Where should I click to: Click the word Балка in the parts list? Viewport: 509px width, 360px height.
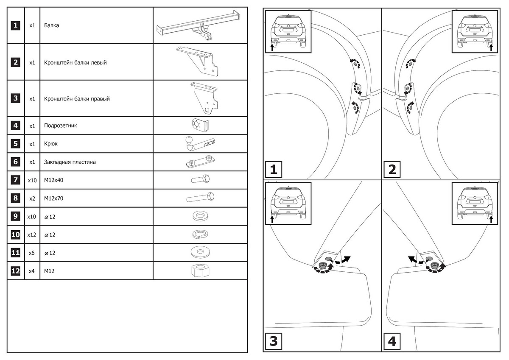point(51,25)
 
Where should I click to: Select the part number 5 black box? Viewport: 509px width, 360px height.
point(15,144)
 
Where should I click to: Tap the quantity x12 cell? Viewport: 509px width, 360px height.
point(32,234)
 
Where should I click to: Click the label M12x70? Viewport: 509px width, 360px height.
point(53,198)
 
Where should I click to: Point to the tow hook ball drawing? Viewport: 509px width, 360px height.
point(189,141)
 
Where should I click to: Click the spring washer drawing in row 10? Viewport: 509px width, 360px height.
point(199,234)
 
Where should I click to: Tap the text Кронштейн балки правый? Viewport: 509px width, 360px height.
point(77,99)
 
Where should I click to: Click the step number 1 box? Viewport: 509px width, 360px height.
point(274,170)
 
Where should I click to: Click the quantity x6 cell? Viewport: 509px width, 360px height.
point(32,253)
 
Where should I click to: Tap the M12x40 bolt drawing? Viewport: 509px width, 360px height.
point(199,180)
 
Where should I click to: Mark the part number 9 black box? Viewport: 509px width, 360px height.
point(15,216)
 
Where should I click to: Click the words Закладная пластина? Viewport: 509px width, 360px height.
point(70,162)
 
